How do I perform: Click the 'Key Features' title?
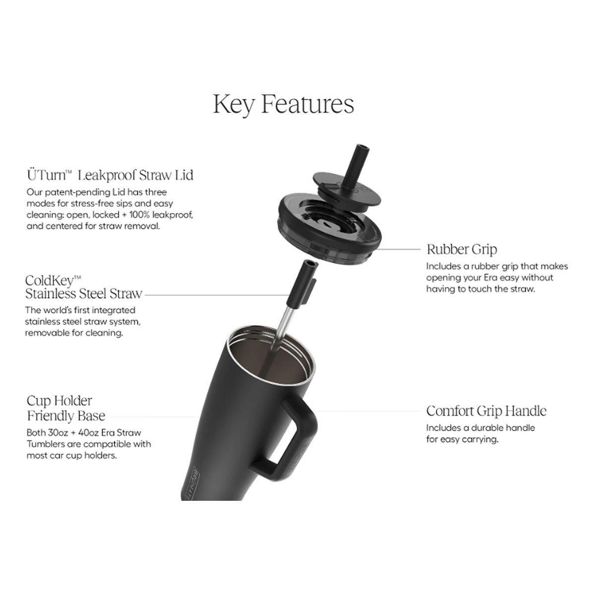point(284,105)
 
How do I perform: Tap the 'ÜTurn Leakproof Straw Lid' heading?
point(110,175)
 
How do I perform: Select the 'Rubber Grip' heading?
point(462,249)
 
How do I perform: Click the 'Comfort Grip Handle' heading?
point(486,411)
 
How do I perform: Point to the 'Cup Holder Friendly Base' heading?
point(66,408)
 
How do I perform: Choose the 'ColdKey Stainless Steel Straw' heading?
point(84,287)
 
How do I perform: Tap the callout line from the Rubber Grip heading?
point(398,249)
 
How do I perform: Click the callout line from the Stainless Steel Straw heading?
point(216,295)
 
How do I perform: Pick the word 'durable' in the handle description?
point(482,427)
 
